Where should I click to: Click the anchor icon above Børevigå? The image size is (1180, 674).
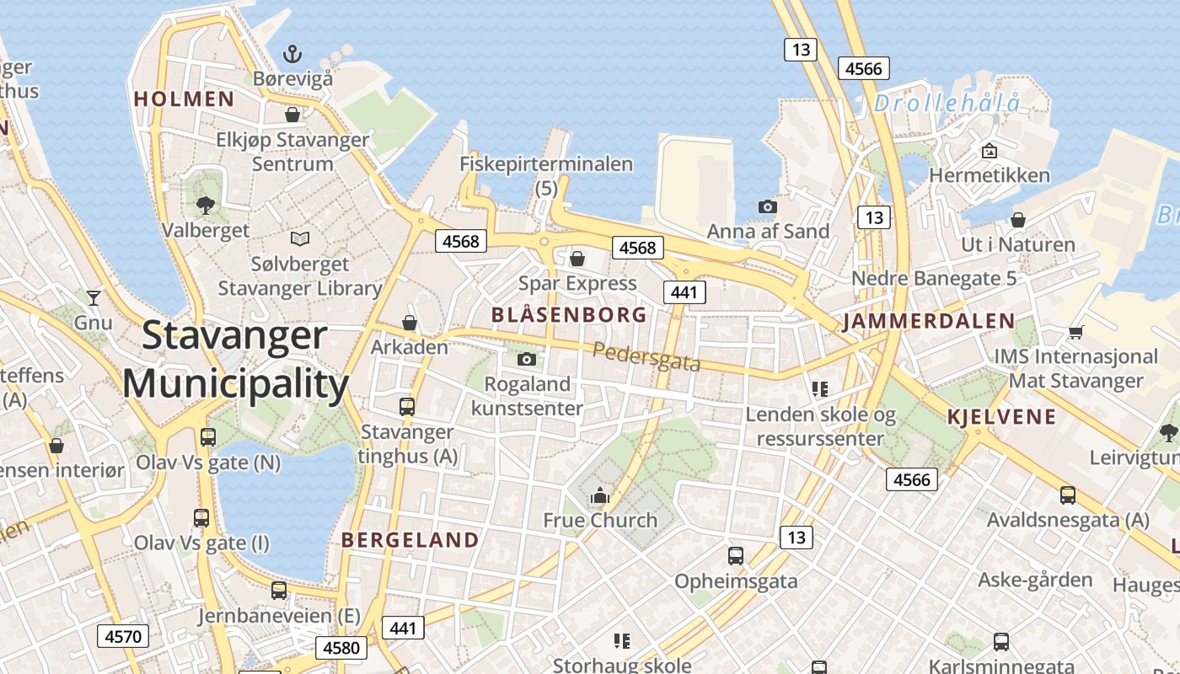(292, 55)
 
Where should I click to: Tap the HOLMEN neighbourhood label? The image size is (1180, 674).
(184, 99)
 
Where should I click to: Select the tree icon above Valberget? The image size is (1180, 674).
(205, 205)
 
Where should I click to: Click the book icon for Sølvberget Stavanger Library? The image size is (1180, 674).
(299, 238)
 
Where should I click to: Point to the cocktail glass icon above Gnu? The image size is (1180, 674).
(94, 297)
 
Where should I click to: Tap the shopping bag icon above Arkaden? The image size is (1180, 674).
(409, 323)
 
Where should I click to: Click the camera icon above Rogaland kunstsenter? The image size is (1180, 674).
(527, 360)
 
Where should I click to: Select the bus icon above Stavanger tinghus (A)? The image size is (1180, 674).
(407, 407)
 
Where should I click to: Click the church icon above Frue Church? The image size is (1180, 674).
(600, 495)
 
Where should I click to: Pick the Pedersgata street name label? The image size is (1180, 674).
(646, 356)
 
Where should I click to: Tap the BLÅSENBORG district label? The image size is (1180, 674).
(569, 315)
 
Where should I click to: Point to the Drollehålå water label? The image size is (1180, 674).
(947, 104)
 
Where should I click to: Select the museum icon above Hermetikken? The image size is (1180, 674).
(990, 151)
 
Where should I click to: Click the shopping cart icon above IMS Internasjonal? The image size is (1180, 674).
(1075, 332)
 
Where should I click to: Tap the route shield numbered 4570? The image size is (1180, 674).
(123, 636)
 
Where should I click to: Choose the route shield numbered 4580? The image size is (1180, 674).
(341, 648)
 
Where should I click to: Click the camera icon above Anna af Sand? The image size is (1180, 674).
(767, 206)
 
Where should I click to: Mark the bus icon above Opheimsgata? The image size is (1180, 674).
(736, 556)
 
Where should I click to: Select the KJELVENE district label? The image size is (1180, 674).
(1001, 417)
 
